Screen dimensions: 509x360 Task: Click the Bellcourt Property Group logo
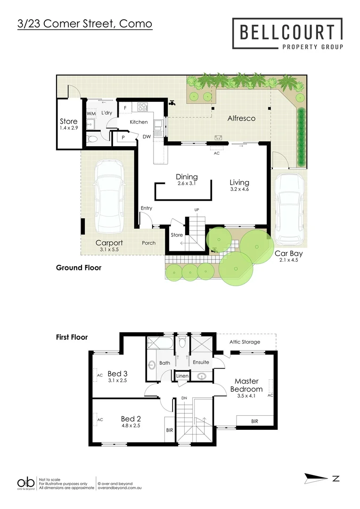[x=287, y=33]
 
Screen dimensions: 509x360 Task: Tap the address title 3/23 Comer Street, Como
[x=84, y=23]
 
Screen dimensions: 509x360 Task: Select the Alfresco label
[x=241, y=118]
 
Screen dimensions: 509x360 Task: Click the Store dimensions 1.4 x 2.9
[x=68, y=128]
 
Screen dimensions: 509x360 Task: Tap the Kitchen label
[x=139, y=122]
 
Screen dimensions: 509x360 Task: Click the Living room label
[x=239, y=182]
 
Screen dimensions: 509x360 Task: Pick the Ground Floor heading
[x=79, y=268]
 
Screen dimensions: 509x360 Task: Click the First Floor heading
[x=72, y=337]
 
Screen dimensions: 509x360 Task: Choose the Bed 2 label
[x=131, y=418]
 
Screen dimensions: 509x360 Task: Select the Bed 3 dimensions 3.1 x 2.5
[x=118, y=380]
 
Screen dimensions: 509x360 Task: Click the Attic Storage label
[x=245, y=342]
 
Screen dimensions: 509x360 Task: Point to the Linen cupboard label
[x=182, y=376]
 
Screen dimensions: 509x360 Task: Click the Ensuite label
[x=201, y=362]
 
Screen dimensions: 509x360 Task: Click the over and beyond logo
[x=26, y=483]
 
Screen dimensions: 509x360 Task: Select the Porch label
[x=149, y=243]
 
